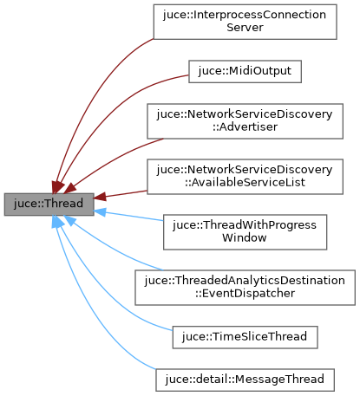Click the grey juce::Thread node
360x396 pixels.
click(43, 205)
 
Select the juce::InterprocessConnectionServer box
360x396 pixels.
click(244, 22)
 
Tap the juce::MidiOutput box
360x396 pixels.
click(245, 71)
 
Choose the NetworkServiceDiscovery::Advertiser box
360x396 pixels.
click(244, 120)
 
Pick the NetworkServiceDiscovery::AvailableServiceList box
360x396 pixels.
click(244, 177)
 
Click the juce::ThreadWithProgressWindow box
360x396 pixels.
click(244, 232)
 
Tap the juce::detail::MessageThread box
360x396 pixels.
click(245, 380)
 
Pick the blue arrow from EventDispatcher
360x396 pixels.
click(113, 251)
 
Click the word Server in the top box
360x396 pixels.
click(244, 29)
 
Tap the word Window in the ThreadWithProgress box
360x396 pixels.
click(244, 239)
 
